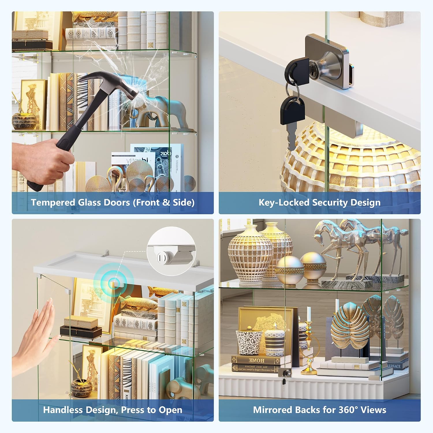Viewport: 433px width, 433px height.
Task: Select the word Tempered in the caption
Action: click(x=53, y=203)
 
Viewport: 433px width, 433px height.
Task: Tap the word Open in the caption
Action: click(x=172, y=410)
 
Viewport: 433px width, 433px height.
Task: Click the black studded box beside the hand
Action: click(x=81, y=332)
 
